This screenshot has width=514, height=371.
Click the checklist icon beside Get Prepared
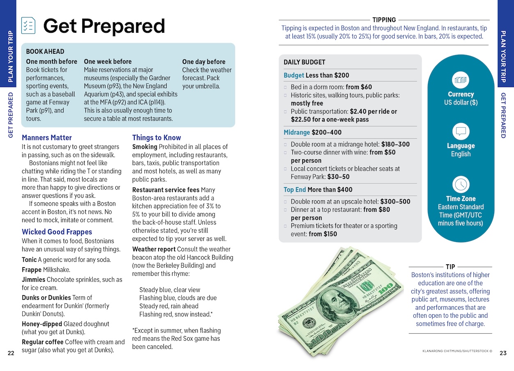tap(28, 26)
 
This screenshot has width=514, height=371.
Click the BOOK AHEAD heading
tap(45, 52)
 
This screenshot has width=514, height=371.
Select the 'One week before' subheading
tap(108, 62)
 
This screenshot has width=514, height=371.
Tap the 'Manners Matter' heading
tap(47, 137)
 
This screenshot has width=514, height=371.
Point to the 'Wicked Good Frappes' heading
tap(57, 232)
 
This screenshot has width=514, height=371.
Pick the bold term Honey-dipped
tap(41, 324)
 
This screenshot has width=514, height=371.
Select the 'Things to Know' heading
tap(156, 137)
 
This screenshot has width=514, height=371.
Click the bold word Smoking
tap(145, 147)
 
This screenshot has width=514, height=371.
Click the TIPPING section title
tap(384, 20)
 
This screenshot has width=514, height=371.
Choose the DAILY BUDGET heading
tap(304, 62)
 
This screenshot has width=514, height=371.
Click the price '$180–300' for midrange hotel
tap(395, 144)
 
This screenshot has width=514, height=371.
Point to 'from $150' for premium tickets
tap(323, 234)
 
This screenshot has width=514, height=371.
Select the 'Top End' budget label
tap(294, 190)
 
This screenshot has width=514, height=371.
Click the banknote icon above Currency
tap(461, 80)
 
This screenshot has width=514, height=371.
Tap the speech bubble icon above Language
tap(461, 132)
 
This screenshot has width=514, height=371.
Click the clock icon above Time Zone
tap(461, 184)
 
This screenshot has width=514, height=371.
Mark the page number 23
tap(503, 353)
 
